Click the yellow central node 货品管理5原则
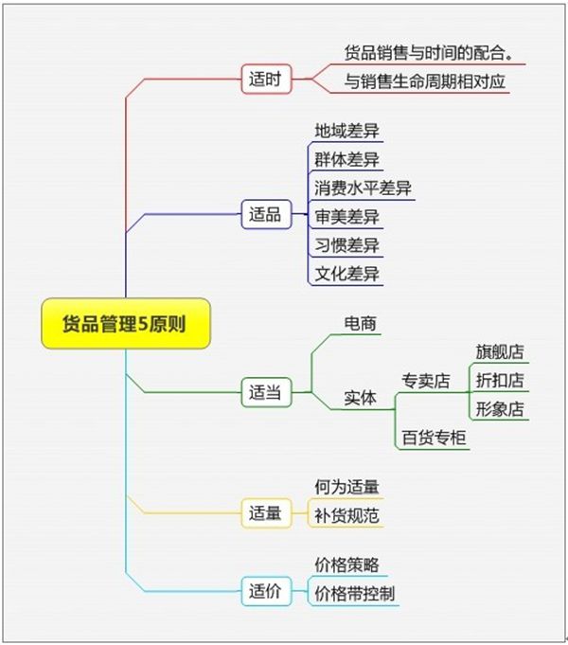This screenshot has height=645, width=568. [126, 323]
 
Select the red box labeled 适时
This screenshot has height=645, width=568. [266, 79]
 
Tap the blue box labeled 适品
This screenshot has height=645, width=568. [266, 214]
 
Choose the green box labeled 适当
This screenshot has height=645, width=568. [266, 392]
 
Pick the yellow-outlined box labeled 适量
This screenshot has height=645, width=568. [266, 513]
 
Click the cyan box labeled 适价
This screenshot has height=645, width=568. [266, 591]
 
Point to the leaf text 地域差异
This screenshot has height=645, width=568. [346, 131]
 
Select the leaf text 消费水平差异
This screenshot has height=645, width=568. [363, 188]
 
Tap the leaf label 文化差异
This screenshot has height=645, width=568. [346, 274]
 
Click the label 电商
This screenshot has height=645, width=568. [361, 323]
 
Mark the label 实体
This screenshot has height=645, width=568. [361, 398]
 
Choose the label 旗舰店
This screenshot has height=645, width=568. [500, 351]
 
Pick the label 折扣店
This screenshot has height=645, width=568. [500, 380]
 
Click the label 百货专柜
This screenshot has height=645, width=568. [434, 438]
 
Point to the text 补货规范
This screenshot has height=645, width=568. [346, 515]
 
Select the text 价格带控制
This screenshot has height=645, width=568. [355, 594]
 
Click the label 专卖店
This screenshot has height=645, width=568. [426, 381]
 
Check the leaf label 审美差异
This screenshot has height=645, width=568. [346, 216]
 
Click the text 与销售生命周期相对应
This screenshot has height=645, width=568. [424, 81]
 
